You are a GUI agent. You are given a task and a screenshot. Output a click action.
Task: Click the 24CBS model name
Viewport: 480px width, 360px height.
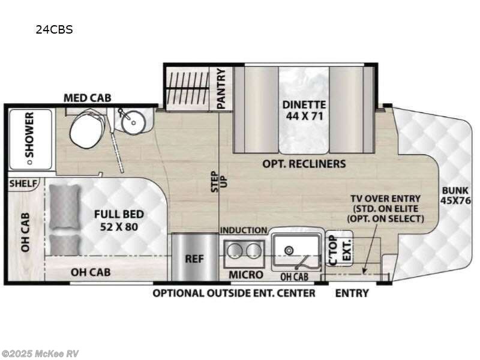54,29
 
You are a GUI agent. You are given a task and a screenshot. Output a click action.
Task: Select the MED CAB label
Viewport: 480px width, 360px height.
88,98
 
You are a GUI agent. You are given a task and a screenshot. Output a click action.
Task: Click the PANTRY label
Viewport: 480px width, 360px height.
221,89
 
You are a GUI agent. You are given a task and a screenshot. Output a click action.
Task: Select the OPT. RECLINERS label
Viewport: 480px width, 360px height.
304,163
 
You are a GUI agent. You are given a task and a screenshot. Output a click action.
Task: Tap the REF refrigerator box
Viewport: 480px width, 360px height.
194,260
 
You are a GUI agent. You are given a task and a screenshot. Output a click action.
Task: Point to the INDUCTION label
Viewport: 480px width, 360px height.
244,230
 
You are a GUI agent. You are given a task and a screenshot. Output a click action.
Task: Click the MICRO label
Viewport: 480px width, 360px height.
246,275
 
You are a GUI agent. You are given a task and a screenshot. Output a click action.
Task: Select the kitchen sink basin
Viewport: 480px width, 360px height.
295,249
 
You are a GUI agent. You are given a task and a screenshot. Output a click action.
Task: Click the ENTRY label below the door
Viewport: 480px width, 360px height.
351,293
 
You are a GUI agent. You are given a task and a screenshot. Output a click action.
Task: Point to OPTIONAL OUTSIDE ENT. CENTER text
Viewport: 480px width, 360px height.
233,293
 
